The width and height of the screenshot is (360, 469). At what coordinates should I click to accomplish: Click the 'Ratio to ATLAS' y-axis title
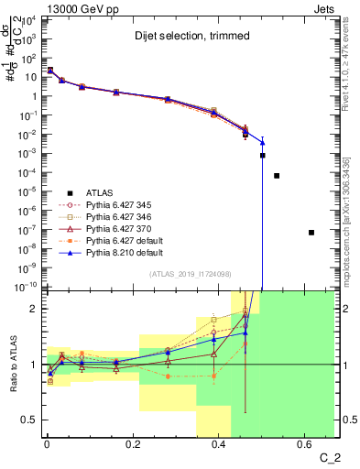(13, 364)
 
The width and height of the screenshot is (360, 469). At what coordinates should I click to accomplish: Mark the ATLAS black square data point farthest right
(311, 233)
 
